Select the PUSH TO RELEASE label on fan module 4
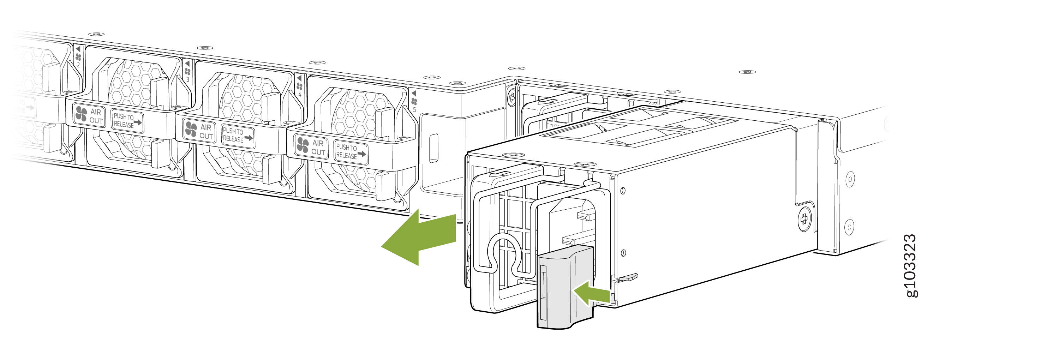pyautogui.click(x=238, y=136)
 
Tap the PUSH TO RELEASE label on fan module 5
pyautogui.click(x=351, y=152)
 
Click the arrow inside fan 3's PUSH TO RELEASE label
pyautogui.click(x=138, y=122)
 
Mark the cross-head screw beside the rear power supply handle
pyautogui.click(x=512, y=97)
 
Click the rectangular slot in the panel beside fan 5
pyautogui.click(x=433, y=148)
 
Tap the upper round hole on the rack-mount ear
pyautogui.click(x=850, y=179)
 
